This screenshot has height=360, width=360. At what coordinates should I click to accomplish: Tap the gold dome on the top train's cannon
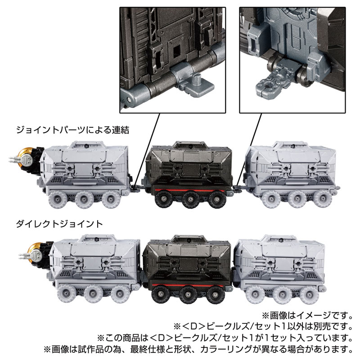point(26,156)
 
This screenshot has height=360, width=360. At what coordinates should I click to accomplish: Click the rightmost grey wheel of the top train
point(324,199)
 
